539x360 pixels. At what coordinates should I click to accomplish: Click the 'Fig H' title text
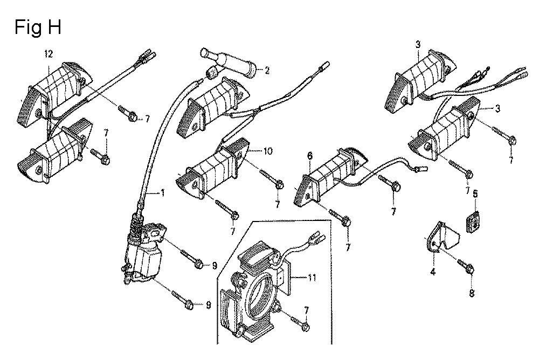(38, 27)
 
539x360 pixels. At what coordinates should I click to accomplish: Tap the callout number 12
(49, 54)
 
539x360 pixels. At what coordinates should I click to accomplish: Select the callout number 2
(267, 71)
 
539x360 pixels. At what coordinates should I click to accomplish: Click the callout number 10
(268, 150)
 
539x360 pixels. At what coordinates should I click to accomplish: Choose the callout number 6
(310, 156)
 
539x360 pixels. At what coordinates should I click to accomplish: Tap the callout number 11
(312, 278)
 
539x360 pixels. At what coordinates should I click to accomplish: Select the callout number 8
(472, 293)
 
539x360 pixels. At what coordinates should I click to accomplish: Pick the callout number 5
(475, 194)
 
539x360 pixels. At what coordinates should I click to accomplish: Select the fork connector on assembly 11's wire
(314, 238)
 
